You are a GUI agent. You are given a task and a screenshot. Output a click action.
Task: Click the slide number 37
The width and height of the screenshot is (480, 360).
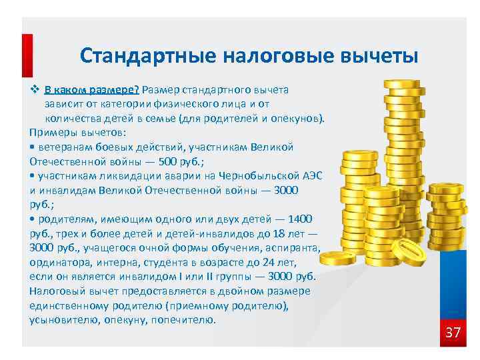pos(453,332)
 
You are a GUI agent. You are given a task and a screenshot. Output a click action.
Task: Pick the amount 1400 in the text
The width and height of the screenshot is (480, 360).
pos(297,219)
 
